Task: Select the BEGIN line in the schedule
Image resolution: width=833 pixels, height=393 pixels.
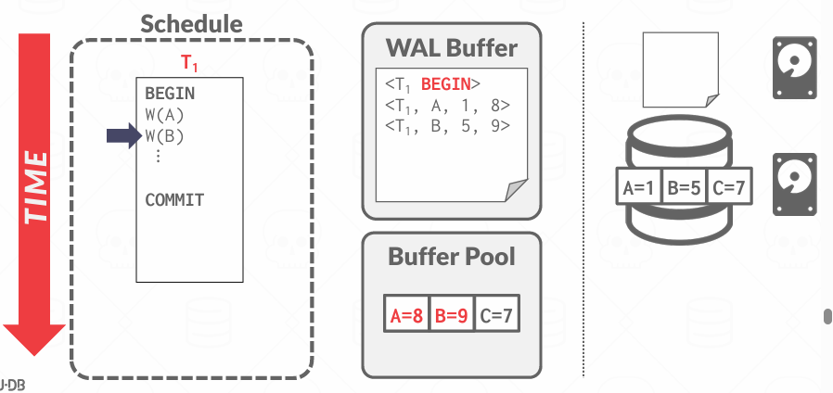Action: tap(170, 94)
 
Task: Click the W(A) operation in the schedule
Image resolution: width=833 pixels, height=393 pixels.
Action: tap(164, 115)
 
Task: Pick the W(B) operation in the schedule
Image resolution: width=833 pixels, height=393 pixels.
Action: tap(165, 136)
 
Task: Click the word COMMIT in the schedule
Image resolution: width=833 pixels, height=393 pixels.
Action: tap(174, 200)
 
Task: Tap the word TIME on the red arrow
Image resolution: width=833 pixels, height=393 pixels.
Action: tap(34, 184)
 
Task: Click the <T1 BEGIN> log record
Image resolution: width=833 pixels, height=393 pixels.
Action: tap(432, 83)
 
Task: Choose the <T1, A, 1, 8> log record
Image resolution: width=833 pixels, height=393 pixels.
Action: tap(447, 104)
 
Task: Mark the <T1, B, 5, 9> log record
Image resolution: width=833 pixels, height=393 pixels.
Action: tap(447, 125)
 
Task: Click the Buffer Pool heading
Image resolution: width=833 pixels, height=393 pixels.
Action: tap(451, 256)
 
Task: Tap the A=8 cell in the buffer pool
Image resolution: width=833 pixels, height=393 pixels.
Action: tap(406, 315)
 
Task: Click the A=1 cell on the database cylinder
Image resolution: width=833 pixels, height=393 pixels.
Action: tap(639, 188)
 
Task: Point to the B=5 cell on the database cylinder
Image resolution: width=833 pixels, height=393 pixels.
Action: tap(684, 188)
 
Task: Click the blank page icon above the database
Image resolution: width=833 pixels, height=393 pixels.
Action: tap(680, 68)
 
